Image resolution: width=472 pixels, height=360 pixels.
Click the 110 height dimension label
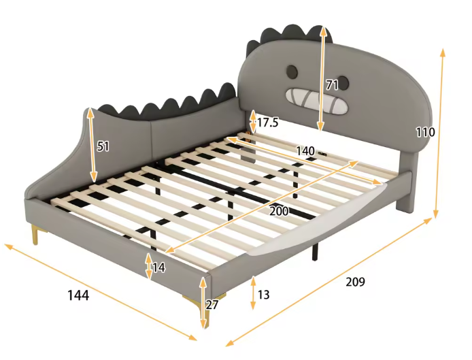(x=425, y=132)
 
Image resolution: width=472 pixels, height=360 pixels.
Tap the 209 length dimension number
(x=355, y=282)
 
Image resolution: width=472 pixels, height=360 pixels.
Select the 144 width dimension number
(x=78, y=295)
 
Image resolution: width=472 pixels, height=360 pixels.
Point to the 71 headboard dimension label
(x=333, y=85)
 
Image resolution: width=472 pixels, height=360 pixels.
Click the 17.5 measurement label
(x=267, y=122)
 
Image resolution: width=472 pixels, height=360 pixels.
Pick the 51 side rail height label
(x=103, y=146)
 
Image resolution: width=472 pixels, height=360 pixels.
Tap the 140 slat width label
(x=305, y=150)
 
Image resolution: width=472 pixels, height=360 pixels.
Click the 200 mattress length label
(x=279, y=211)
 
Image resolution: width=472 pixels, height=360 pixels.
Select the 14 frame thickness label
(x=159, y=267)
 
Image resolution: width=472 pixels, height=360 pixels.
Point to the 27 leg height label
(x=212, y=305)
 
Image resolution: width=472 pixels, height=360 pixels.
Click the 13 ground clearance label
(x=263, y=295)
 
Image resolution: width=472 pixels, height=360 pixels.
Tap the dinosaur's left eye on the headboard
(x=292, y=71)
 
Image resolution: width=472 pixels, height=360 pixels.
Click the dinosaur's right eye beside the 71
(x=343, y=83)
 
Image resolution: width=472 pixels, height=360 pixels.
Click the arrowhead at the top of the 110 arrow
(x=443, y=52)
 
